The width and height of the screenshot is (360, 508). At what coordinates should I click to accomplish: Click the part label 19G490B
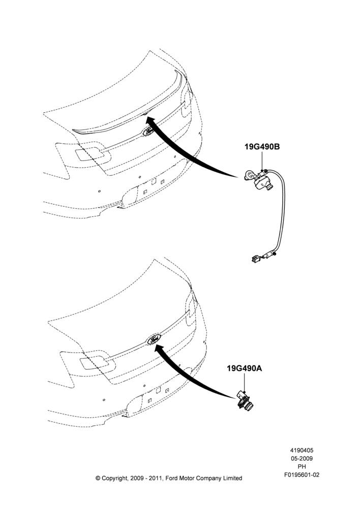coord(262,147)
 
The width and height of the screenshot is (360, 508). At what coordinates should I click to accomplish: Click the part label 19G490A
coord(244,368)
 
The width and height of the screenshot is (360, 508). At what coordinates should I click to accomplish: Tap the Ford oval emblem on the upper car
coord(149,132)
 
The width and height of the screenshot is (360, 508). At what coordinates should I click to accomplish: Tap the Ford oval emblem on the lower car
coord(154,340)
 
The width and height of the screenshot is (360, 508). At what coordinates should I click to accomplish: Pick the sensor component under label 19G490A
coord(246,400)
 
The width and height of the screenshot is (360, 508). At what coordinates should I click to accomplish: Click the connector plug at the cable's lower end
coord(256,259)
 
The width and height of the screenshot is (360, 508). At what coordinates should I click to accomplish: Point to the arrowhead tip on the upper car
coord(146,117)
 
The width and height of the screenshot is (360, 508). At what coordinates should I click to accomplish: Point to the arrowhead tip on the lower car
coord(155,345)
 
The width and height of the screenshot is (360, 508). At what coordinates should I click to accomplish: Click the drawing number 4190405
coord(302,450)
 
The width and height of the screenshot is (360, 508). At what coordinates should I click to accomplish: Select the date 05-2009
coord(302,458)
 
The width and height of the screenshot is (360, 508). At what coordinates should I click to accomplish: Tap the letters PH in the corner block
coord(302,466)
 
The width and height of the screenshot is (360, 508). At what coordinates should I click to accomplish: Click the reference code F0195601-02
coord(302,475)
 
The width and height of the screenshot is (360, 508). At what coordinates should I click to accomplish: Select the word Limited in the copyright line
coord(232,478)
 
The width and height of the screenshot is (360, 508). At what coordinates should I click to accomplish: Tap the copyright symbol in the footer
coord(98,478)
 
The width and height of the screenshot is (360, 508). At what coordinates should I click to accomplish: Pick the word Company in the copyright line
coord(208,478)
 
